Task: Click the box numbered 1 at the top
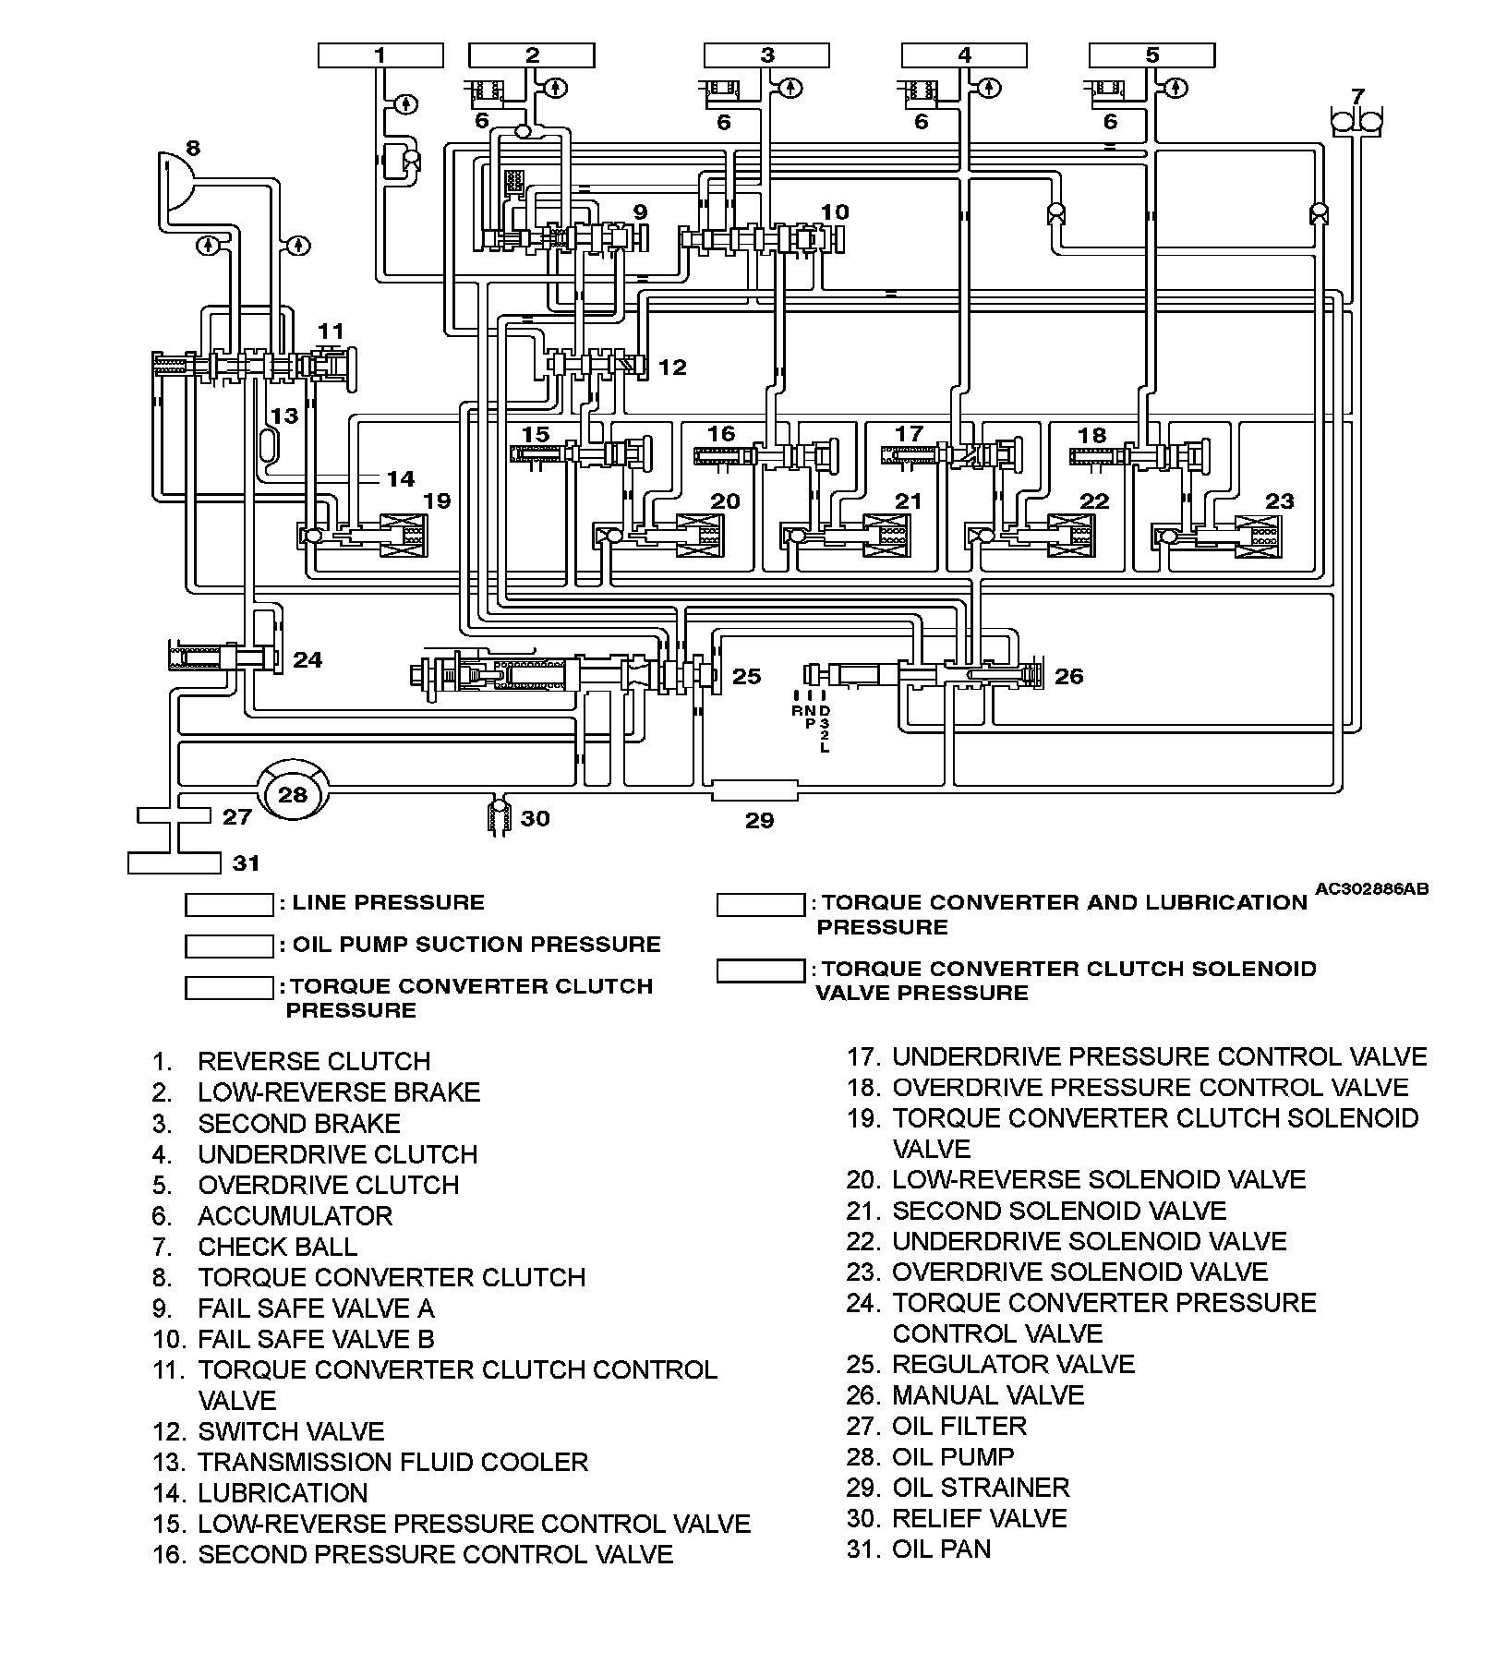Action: click(x=380, y=55)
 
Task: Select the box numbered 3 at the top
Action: click(x=767, y=55)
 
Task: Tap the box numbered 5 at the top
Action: click(x=1151, y=55)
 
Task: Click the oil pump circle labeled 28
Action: click(x=292, y=793)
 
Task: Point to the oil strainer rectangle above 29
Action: click(x=754, y=791)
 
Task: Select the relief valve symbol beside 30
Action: click(x=500, y=815)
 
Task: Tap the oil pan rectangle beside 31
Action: click(x=174, y=863)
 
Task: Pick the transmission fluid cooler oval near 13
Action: click(x=269, y=444)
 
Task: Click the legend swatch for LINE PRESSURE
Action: click(x=229, y=904)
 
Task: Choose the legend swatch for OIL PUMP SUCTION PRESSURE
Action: click(x=229, y=947)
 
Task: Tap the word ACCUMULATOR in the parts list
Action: click(x=295, y=1216)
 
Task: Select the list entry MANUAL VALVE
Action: click(x=987, y=1394)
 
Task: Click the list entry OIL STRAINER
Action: click(x=980, y=1488)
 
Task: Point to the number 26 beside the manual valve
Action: click(x=1068, y=676)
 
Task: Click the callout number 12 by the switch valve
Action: click(x=672, y=368)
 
